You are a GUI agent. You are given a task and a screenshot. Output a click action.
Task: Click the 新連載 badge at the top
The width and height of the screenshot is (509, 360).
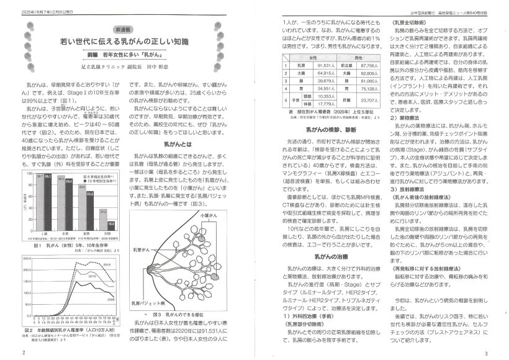coord(127,29)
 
